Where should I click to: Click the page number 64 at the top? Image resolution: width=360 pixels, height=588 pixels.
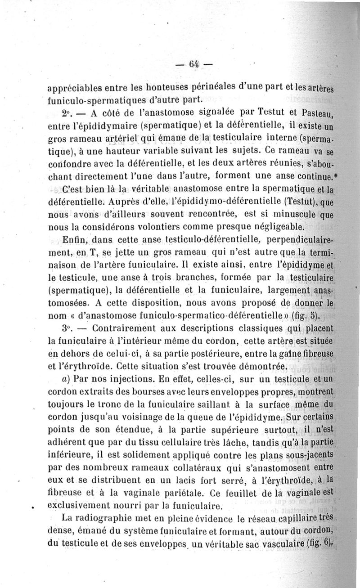(194, 63)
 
